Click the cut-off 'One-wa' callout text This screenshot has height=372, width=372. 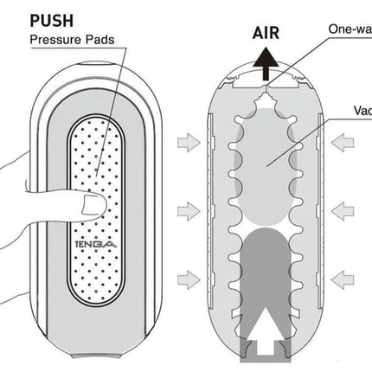tap(351, 29)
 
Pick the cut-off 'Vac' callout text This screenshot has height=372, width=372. tap(362, 111)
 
